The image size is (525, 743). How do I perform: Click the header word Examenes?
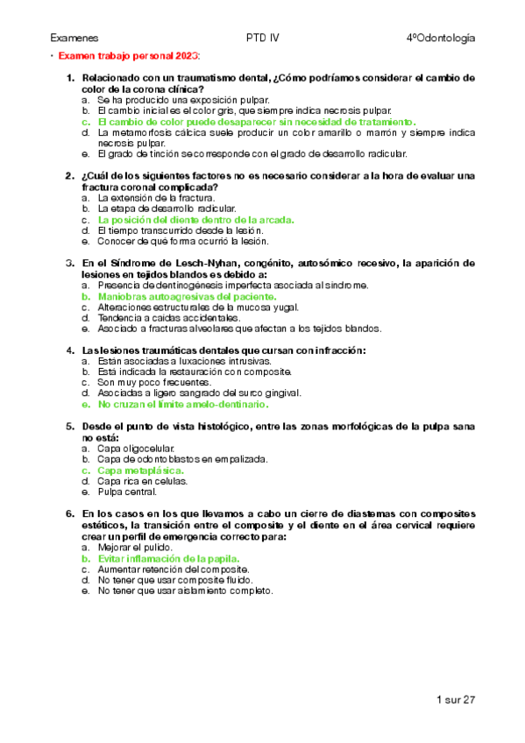74,38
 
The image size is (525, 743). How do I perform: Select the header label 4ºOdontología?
441,38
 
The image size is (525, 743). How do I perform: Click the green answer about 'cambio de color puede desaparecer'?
257,122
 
